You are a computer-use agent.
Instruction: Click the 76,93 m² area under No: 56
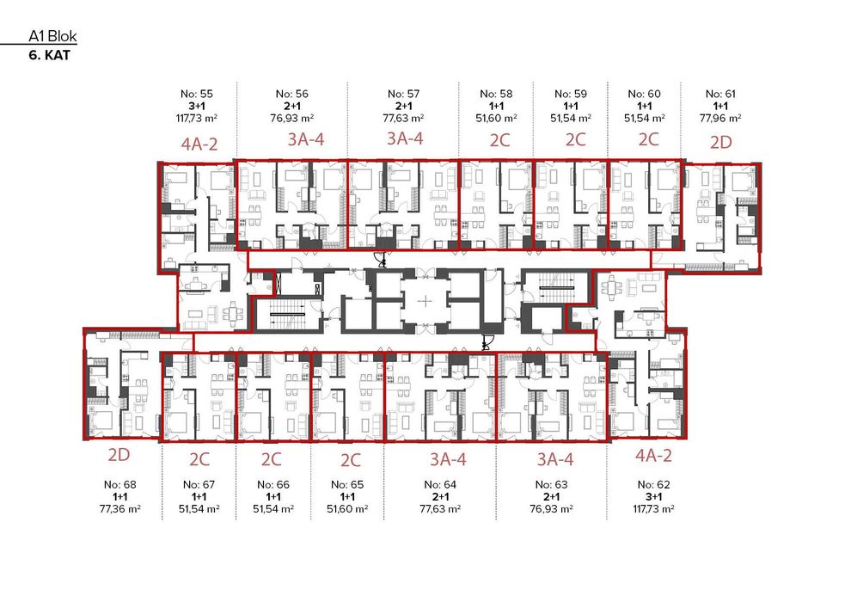tap(292, 117)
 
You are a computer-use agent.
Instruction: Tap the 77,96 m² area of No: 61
tap(721, 117)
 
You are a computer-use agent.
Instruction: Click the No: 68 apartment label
tap(119, 484)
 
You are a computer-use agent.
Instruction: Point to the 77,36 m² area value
tap(119, 508)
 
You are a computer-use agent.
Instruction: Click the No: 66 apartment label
tap(273, 484)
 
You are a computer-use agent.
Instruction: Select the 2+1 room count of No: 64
tap(440, 496)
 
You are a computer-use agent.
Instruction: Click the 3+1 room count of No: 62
tap(652, 496)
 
